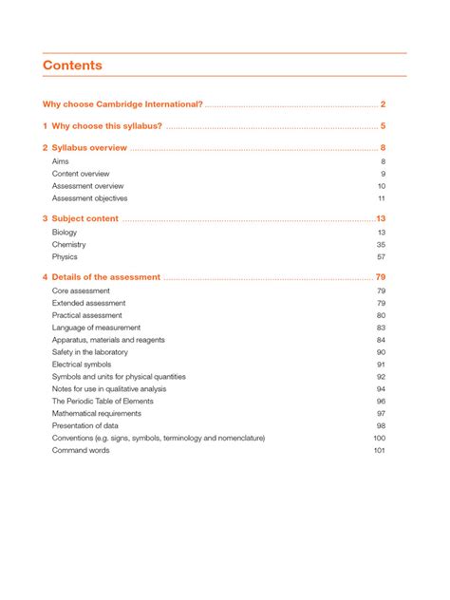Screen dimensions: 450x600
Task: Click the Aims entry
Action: [x=60, y=162]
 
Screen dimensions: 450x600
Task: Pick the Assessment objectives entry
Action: [x=90, y=198]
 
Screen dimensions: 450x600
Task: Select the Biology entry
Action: [x=65, y=232]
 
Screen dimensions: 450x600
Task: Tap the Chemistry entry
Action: [x=69, y=244]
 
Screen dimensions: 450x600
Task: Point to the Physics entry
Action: [x=65, y=256]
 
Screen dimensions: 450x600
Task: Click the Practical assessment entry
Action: [x=87, y=315]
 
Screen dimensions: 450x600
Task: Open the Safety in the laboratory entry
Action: [x=95, y=352]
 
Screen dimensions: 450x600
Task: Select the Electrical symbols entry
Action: [x=82, y=365]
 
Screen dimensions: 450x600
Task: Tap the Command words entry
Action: [x=81, y=450]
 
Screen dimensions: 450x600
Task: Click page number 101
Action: [x=379, y=450]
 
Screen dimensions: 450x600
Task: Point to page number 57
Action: [x=381, y=256]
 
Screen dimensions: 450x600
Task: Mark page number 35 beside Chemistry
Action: [x=381, y=244]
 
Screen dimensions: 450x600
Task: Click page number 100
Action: [x=379, y=438]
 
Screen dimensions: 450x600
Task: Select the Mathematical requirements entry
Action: [x=98, y=413]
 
